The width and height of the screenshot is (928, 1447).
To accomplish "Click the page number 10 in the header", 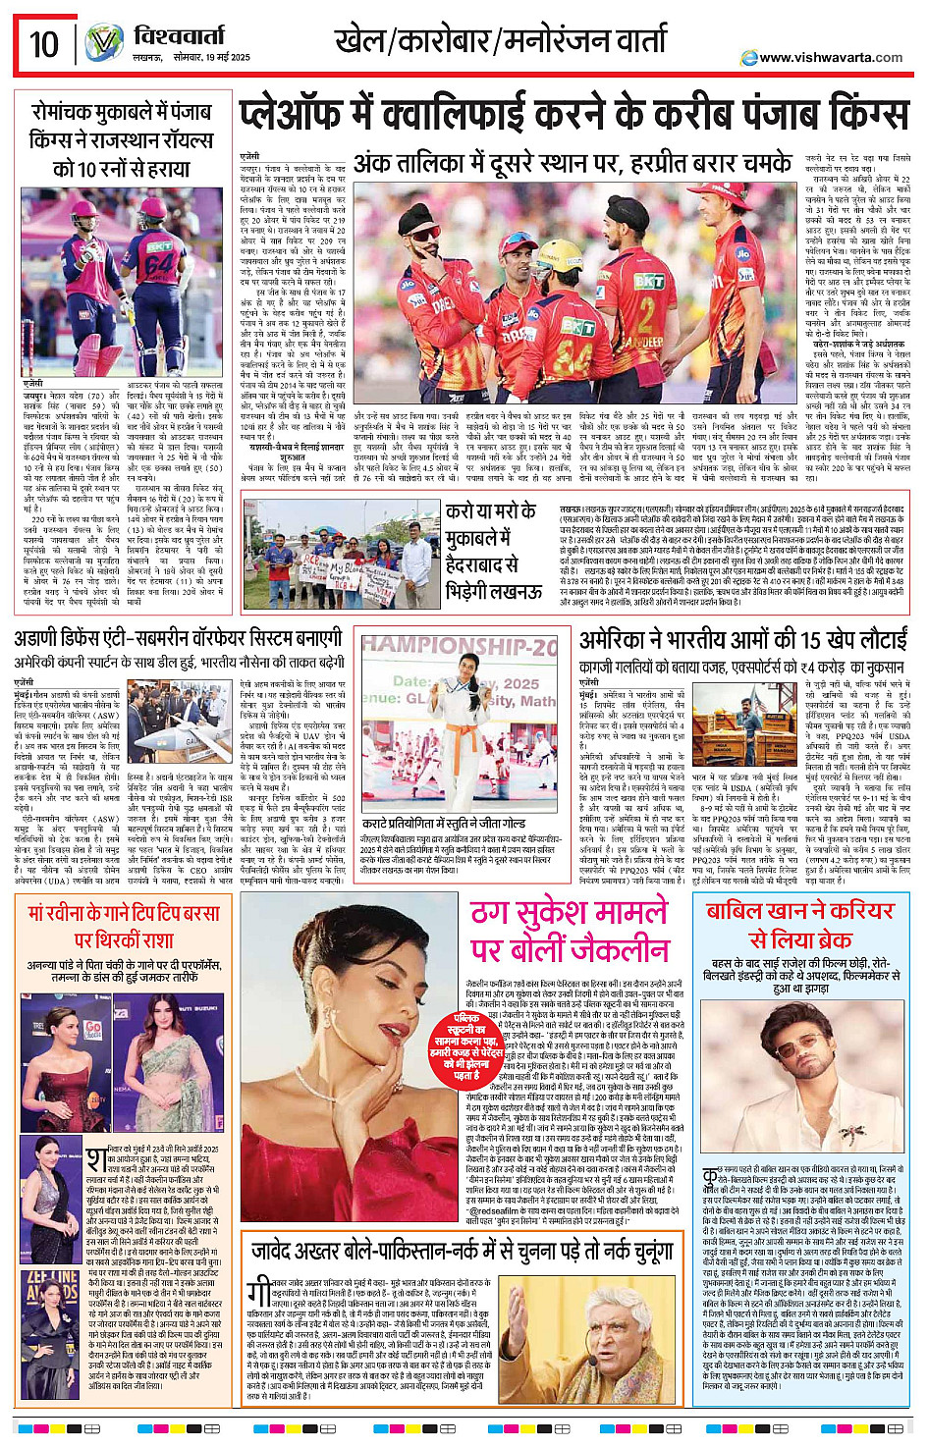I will pos(44,44).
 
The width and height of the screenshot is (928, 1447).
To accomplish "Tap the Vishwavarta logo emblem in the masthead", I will pos(102,43).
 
